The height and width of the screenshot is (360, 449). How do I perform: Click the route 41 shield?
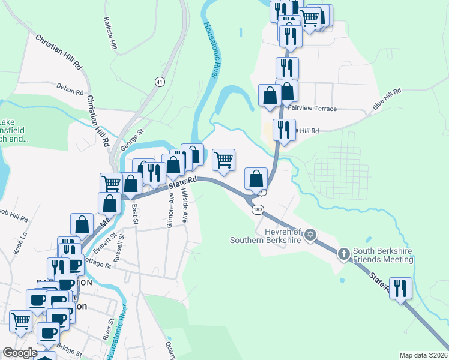coord(159,82)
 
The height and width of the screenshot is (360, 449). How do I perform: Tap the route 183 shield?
coord(258,209)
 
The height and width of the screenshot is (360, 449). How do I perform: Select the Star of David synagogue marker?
coord(310,234)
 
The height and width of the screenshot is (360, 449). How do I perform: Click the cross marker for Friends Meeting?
coord(344,254)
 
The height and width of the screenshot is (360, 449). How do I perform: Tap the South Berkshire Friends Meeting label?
coord(383,256)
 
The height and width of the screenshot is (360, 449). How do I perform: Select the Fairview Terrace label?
coord(312,109)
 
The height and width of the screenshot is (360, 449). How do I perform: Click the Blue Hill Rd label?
coord(385,97)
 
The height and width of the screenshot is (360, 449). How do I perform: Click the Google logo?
coord(19,353)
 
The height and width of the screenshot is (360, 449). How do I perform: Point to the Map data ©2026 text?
coord(423,355)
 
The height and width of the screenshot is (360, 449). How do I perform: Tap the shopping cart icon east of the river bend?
coord(223,160)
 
